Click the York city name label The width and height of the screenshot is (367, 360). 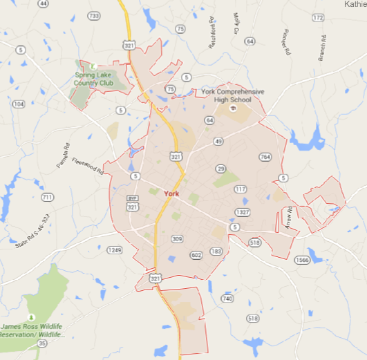[171, 194]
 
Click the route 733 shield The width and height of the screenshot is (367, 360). [94, 16]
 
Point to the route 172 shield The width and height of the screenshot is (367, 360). [318, 17]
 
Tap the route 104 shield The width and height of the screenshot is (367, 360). [19, 104]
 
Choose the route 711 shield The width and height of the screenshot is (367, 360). [47, 197]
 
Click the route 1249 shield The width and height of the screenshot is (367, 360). [114, 249]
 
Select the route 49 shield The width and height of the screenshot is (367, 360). [218, 141]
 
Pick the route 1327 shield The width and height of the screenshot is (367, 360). [242, 211]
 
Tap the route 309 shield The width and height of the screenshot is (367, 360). [177, 239]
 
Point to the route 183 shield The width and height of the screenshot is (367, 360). [216, 252]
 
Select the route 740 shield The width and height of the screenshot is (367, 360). [227, 298]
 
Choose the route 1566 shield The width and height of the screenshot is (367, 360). [301, 260]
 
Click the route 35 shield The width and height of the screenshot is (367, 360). [43, 343]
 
